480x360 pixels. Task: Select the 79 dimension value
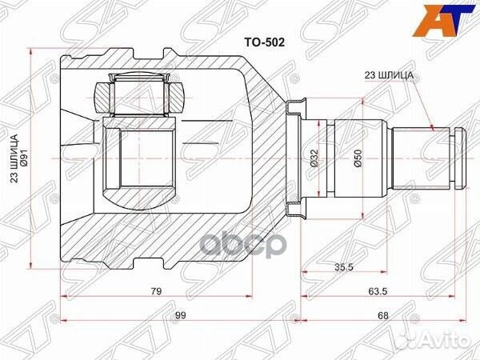(x=156, y=291)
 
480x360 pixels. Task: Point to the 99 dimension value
(x=180, y=316)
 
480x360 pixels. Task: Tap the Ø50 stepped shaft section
(x=360, y=184)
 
